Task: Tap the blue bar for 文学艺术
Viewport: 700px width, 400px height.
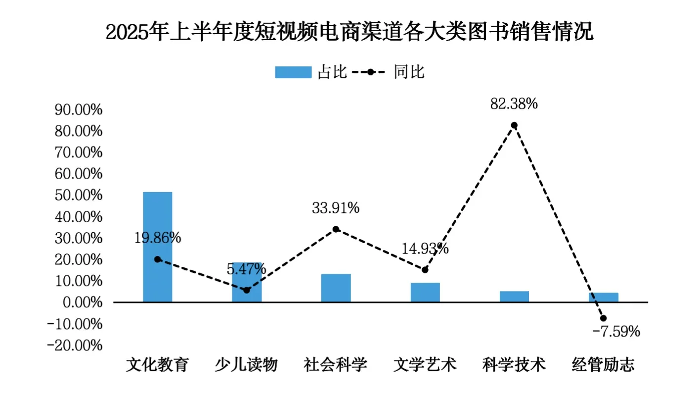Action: point(425,292)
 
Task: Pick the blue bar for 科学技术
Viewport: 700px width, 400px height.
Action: point(514,297)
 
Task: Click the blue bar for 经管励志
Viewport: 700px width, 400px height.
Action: point(603,297)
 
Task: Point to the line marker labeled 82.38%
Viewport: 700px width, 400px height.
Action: point(514,125)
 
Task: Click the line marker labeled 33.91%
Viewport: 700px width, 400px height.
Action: point(336,229)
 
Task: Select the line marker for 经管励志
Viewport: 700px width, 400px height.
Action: point(603,318)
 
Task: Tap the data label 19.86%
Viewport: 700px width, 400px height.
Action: point(158,238)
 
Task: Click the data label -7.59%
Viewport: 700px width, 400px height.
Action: point(616,331)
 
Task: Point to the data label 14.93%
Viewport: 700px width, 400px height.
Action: point(425,249)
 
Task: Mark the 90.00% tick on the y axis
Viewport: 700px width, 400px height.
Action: point(79,110)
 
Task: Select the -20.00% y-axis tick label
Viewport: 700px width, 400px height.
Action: point(75,345)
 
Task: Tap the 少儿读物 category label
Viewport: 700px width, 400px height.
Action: point(246,365)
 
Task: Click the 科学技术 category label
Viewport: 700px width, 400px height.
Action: point(514,365)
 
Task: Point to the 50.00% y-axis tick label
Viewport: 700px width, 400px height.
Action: point(79,195)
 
